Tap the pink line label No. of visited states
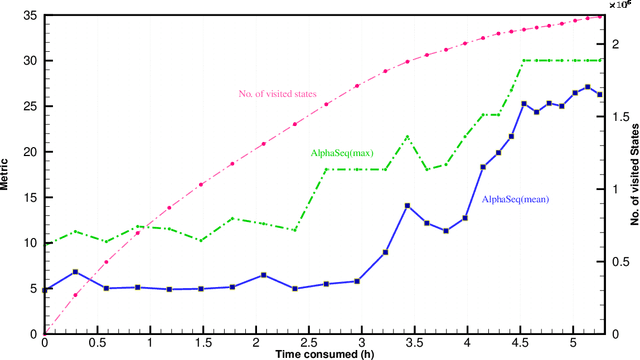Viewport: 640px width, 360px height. (x=278, y=94)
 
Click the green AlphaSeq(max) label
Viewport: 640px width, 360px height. (x=342, y=153)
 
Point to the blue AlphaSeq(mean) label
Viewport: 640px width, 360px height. (x=516, y=200)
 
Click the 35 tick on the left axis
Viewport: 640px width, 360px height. (x=30, y=16)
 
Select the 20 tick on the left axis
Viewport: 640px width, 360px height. (x=30, y=152)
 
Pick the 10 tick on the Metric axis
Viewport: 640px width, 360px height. (x=30, y=243)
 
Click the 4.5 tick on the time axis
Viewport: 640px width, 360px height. (x=521, y=342)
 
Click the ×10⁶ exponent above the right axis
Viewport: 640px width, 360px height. (x=621, y=6)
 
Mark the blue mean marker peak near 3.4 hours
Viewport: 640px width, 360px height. (x=407, y=205)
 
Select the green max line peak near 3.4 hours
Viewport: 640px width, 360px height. (x=407, y=136)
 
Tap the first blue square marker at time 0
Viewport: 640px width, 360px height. (x=45, y=289)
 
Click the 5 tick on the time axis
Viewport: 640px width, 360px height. (x=574, y=342)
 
